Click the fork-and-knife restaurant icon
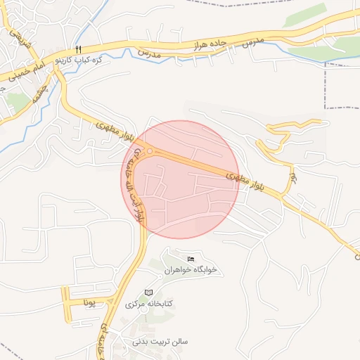(79, 49)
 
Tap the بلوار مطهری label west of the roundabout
(108, 130)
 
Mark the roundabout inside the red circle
(150, 151)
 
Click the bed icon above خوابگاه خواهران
(191, 259)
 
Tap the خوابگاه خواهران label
(191, 270)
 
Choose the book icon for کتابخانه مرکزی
(148, 292)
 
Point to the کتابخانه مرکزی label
(149, 304)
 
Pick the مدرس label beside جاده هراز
(252, 41)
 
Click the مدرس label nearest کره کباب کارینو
(149, 54)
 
